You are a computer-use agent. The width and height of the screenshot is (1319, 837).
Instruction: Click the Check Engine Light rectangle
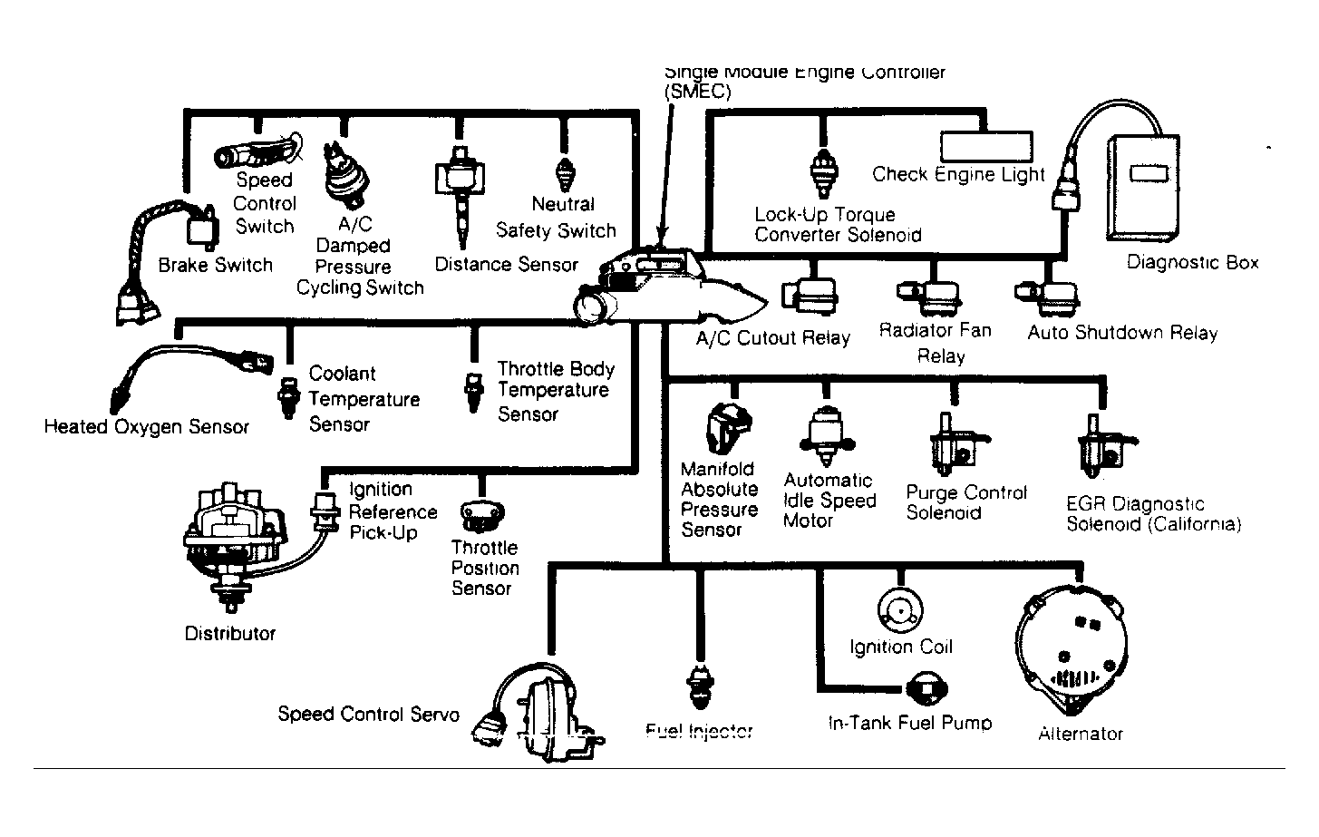[986, 146]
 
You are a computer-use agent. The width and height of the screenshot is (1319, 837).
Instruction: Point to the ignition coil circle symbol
[900, 611]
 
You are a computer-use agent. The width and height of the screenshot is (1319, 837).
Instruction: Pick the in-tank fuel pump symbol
[926, 689]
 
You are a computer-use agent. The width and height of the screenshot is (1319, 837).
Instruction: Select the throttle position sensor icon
[476, 516]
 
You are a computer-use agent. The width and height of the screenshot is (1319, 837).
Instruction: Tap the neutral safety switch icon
[565, 172]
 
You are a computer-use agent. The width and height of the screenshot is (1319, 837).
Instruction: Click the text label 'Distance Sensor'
[506, 265]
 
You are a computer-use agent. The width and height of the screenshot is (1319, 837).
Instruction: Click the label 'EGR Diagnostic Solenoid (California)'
[1152, 514]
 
